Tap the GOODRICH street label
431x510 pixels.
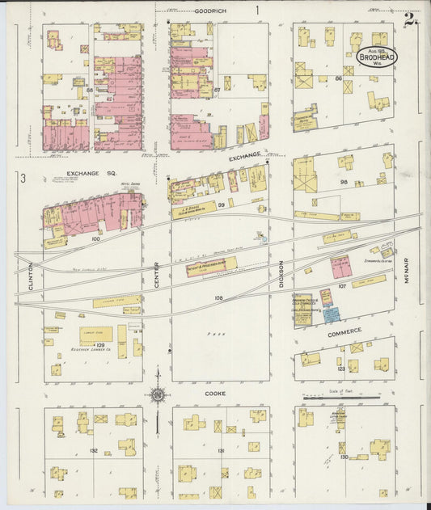click(210, 11)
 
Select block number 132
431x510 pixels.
click(93, 450)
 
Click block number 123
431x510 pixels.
click(341, 368)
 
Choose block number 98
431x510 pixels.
click(344, 182)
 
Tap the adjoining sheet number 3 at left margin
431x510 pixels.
click(24, 178)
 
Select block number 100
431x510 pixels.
click(95, 239)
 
